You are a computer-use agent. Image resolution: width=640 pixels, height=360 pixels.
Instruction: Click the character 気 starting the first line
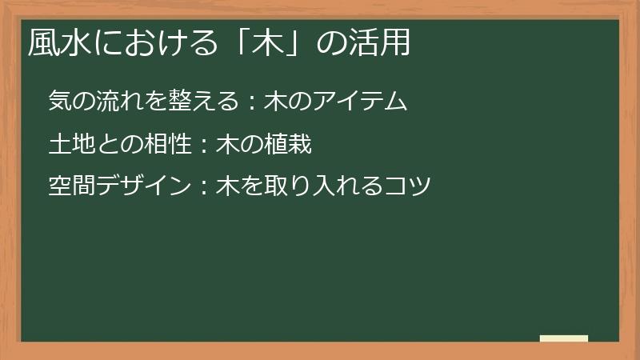59,102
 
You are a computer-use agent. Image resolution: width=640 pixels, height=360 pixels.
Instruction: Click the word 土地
70,145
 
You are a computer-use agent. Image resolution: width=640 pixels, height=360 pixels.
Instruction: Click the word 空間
70,188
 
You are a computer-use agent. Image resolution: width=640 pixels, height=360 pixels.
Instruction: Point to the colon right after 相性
203,146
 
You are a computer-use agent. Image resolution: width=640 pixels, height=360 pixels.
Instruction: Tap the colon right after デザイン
203,189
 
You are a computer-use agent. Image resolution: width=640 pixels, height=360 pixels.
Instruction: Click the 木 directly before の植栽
227,145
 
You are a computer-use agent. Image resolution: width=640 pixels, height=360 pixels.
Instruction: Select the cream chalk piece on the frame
563,338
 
